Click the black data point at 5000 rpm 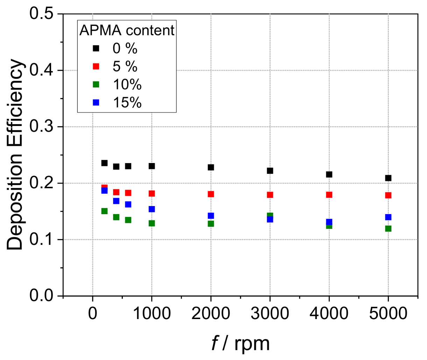click(x=388, y=178)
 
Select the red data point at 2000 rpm click(x=211, y=194)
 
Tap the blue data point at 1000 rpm click(x=152, y=209)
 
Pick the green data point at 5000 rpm click(x=388, y=229)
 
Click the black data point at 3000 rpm click(x=270, y=171)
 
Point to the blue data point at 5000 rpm click(x=388, y=217)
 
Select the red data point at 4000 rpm click(x=329, y=195)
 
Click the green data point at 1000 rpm click(x=152, y=223)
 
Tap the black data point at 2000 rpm click(x=211, y=167)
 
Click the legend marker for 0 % click(x=96, y=48)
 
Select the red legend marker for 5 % click(x=96, y=66)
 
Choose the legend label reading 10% click(x=127, y=85)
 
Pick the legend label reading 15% click(x=127, y=103)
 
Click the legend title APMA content click(x=127, y=31)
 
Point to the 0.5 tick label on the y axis click(x=41, y=14)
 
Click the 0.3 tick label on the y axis click(x=41, y=127)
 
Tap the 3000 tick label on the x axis click(x=270, y=313)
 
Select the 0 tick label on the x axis click(x=92, y=313)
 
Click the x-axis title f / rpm click(x=241, y=344)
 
